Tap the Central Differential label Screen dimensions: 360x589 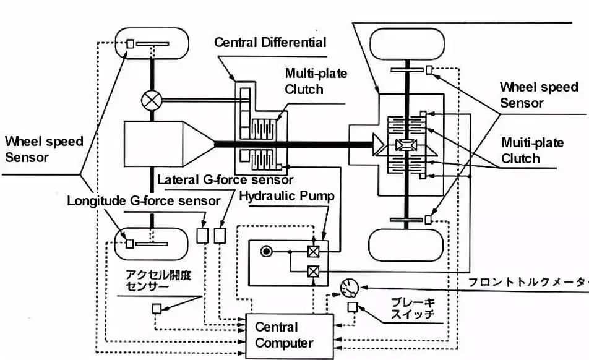click(x=270, y=43)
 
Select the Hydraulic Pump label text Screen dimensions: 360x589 click(x=286, y=197)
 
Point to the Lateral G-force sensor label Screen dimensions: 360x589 click(x=225, y=180)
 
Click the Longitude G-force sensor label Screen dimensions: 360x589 click(x=144, y=201)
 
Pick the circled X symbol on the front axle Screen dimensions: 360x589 click(x=151, y=98)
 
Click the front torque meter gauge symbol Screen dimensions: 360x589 click(x=347, y=288)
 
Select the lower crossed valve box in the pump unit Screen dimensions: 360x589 click(x=313, y=270)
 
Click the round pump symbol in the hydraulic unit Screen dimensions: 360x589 click(x=267, y=251)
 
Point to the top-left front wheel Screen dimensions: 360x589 click(x=152, y=44)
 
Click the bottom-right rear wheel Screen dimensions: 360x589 click(x=405, y=246)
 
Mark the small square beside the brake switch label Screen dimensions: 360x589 click(x=352, y=307)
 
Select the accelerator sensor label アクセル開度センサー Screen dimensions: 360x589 click(x=158, y=280)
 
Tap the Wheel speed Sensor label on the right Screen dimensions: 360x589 click(x=538, y=95)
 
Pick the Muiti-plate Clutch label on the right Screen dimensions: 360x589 click(x=532, y=150)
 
